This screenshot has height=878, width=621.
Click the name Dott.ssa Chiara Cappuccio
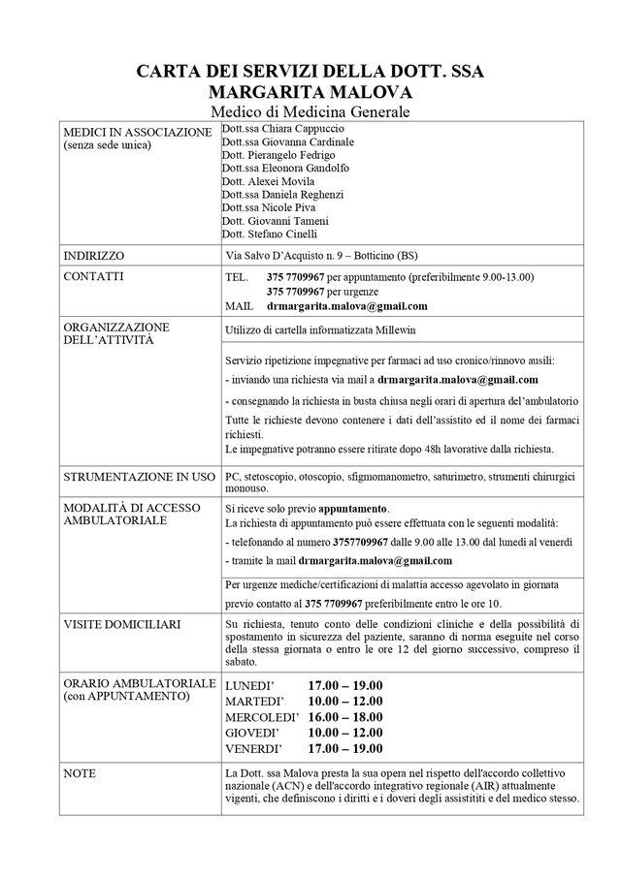pos(278,129)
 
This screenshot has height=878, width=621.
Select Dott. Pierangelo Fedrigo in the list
pos(278,155)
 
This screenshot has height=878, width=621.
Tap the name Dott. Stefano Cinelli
pos(269,234)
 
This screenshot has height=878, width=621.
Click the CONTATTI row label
pos(93,276)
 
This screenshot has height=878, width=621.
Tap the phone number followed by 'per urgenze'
pos(296,291)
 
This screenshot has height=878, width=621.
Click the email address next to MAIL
pos(346,305)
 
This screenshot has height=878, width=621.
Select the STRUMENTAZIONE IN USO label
pos(138,479)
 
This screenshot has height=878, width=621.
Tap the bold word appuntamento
pos(354,508)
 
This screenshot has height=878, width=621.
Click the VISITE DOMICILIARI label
pos(121,625)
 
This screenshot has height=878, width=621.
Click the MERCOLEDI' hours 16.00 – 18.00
pos(344,717)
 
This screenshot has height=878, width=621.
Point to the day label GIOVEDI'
pos(252,734)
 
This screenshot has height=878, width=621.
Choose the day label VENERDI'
pos(253,749)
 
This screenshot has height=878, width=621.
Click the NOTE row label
pos(79,772)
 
